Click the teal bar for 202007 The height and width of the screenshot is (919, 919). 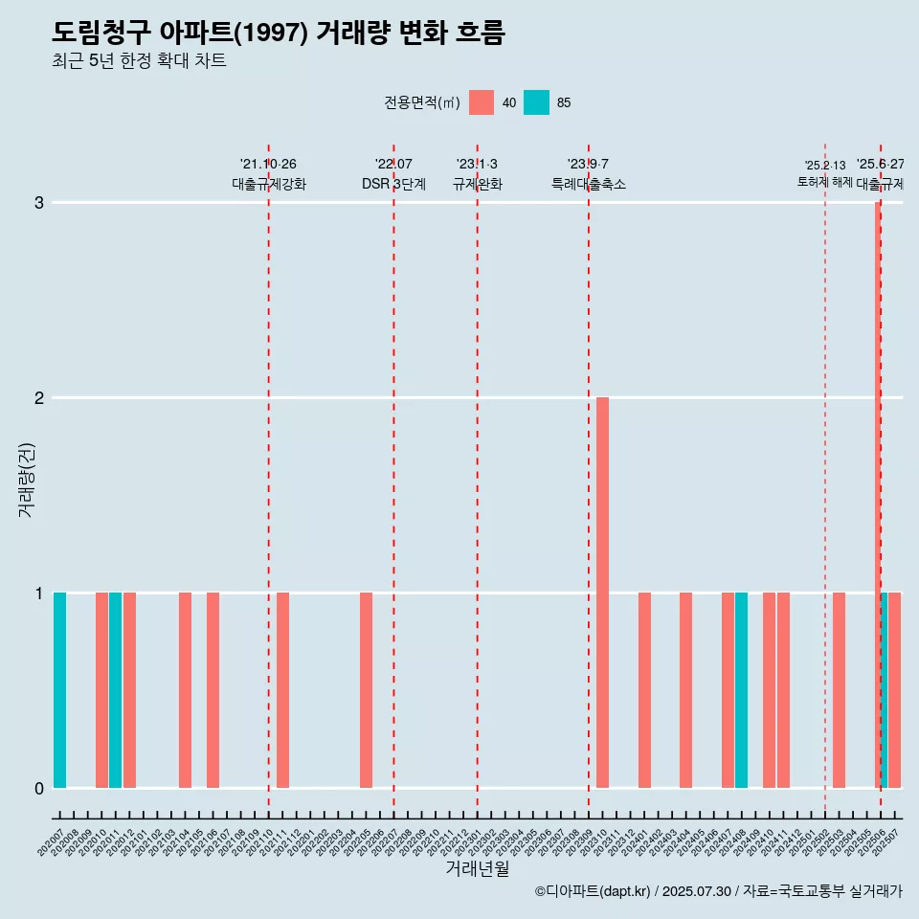59,690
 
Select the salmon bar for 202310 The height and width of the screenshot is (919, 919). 602,593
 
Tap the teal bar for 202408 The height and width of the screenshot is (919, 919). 741,690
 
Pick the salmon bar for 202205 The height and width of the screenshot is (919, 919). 366,690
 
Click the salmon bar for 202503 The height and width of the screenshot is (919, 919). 839,690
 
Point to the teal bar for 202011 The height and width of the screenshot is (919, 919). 115,690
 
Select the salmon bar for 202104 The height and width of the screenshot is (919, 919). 185,690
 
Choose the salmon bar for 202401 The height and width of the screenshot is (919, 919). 644,690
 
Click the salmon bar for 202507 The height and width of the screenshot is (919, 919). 895,690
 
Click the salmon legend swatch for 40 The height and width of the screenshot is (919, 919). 482,102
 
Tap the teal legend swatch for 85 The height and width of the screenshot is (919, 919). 536,102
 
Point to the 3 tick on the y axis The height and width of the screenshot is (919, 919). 39,203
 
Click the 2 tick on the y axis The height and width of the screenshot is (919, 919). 39,397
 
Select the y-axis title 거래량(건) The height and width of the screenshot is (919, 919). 26,479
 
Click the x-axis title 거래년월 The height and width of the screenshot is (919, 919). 477,868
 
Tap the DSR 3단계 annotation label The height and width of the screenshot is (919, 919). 393,184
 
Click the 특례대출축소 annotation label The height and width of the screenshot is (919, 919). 588,184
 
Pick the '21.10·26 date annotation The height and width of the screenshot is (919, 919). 268,165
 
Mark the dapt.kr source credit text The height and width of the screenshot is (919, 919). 718,891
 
